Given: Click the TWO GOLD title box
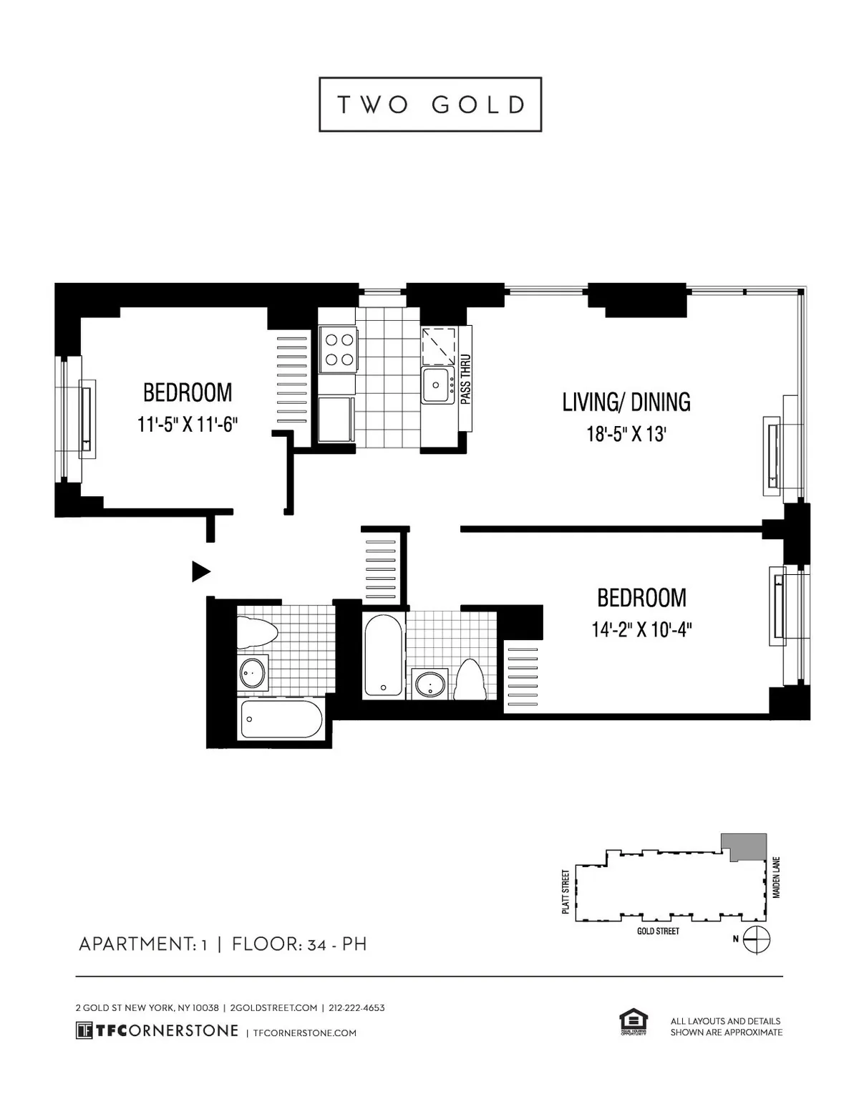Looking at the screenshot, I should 429,105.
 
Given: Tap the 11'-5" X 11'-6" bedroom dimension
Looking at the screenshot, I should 188,425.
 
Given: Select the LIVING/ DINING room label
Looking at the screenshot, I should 626,402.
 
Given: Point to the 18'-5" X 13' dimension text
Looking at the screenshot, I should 626,434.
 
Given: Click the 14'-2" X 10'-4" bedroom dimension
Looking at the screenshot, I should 642,629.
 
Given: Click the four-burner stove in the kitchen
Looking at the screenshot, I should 337,350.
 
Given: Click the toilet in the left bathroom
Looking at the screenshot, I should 257,631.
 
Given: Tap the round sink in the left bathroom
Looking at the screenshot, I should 252,673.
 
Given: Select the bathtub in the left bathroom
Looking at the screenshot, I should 281,719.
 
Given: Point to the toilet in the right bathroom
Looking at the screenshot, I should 470,678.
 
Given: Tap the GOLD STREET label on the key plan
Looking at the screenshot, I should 657,931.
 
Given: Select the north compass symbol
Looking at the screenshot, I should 757,939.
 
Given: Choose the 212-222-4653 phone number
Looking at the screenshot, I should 356,1007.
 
